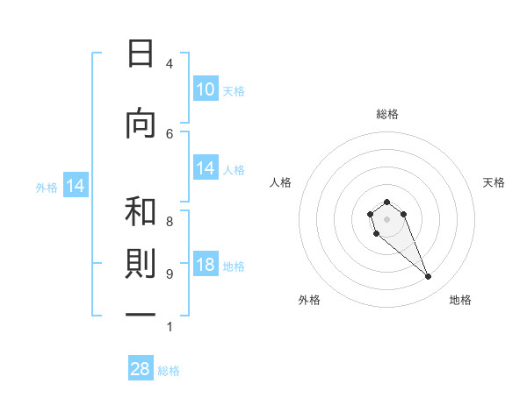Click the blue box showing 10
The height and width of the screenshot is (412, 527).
coord(206,89)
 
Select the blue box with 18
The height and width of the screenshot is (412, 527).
coord(206,266)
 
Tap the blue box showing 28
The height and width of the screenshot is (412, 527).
coord(141,369)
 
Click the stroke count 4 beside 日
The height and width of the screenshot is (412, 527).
coord(170,63)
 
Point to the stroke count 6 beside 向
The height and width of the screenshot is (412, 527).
coord(170,133)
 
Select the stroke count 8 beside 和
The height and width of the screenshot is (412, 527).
coord(170,222)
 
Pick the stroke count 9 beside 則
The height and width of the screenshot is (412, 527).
coord(170,274)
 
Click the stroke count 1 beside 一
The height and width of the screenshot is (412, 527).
coord(170,327)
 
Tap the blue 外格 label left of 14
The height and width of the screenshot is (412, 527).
coord(47,187)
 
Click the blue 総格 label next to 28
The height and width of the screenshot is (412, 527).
coord(169,371)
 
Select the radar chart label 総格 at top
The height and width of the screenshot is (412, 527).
coord(386,114)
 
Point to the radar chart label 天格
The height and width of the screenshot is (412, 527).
coord(494,182)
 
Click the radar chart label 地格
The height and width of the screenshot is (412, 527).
coord(460,300)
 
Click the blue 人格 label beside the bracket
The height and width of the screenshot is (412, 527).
coord(234,170)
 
